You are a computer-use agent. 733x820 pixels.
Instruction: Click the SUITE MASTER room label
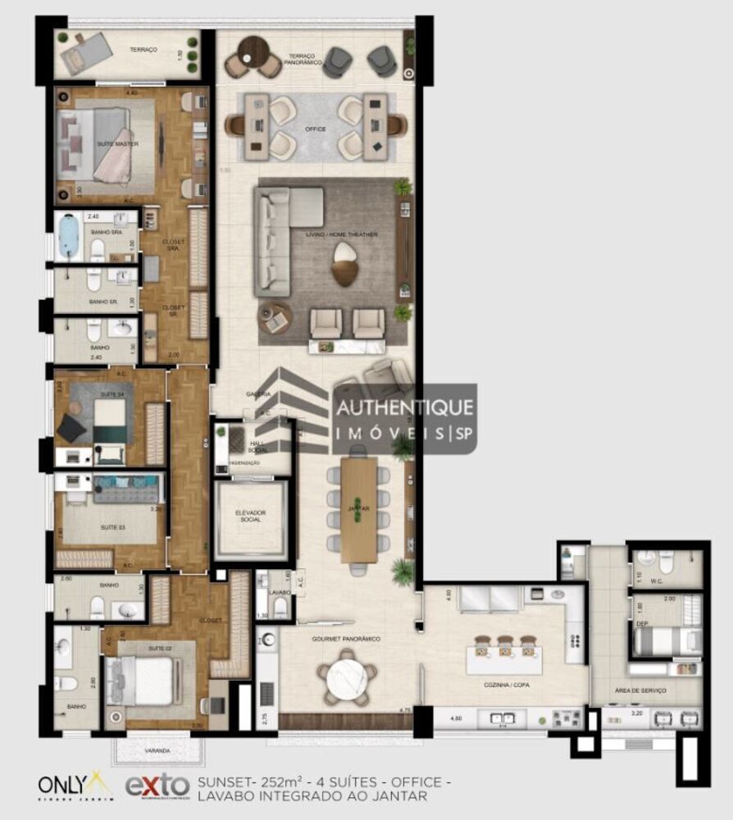click(117, 144)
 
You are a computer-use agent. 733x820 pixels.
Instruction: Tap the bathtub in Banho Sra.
click(70, 235)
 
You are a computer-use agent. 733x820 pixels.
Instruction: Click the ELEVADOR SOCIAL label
click(249, 517)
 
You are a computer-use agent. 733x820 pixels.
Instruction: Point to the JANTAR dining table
click(358, 509)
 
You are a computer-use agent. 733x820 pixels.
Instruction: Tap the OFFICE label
click(315, 129)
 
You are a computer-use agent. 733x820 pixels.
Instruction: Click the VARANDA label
click(156, 750)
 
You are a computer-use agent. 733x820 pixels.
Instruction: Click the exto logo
click(157, 786)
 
